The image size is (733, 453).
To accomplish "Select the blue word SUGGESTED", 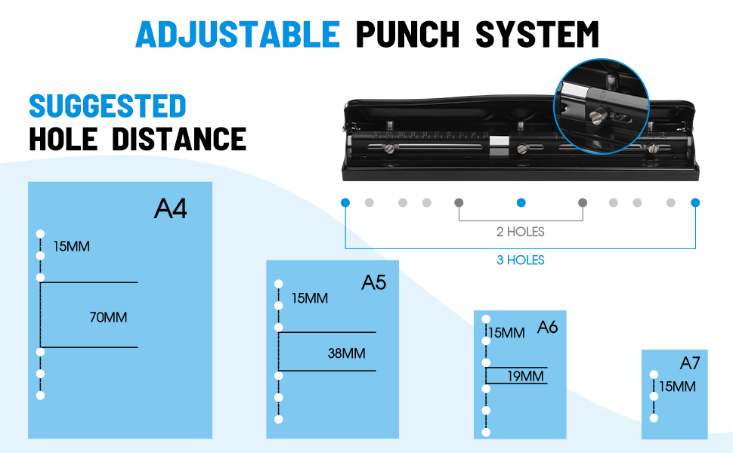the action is (107, 106).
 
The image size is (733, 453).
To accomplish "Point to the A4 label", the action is (170, 208).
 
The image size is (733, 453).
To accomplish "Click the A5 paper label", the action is (373, 282).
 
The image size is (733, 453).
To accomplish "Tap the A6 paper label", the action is (547, 328).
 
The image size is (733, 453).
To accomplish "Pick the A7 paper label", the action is (689, 363).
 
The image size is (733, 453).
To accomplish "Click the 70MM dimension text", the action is (108, 318).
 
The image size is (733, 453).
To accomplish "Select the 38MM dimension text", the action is (347, 353).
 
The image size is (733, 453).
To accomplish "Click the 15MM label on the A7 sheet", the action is (677, 387).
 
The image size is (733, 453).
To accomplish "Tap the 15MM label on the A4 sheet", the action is (72, 247).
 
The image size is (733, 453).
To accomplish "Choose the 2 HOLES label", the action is (520, 232).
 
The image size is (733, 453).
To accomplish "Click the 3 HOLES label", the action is (520, 260).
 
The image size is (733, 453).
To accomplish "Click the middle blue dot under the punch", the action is (520, 202).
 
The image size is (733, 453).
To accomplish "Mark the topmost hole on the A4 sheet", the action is (41, 233).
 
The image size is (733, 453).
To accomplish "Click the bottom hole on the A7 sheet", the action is (654, 418).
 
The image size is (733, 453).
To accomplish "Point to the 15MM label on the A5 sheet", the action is (310, 298).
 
